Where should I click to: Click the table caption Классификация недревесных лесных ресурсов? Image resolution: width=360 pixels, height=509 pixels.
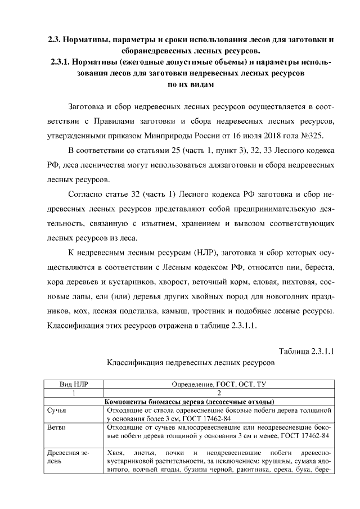pyautogui.click(x=191, y=363)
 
